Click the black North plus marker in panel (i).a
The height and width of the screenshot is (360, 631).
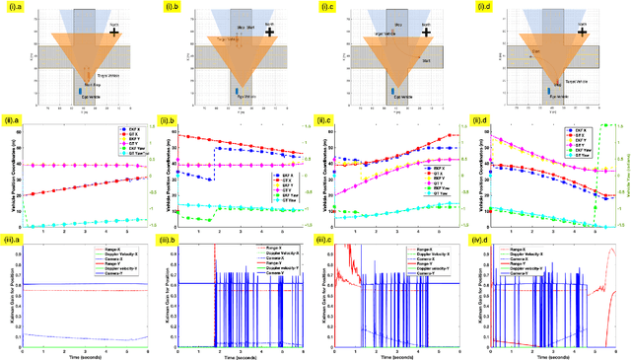(114, 32)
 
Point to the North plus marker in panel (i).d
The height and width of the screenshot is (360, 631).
(586, 32)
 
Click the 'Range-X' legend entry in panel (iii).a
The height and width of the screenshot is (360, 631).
(119, 240)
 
